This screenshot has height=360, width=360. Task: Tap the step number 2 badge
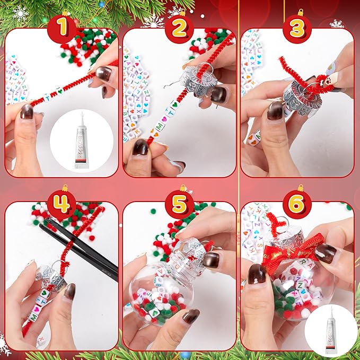click(x=180, y=28)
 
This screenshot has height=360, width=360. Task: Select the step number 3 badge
click(x=298, y=28)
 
